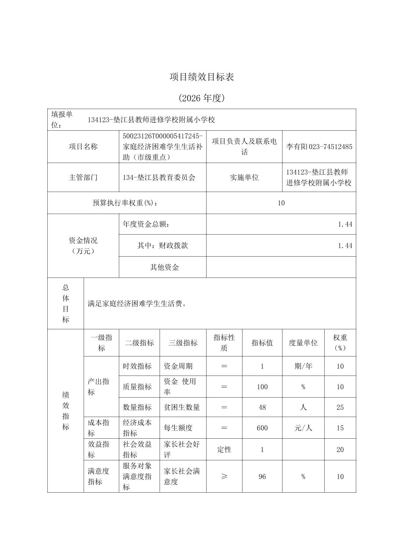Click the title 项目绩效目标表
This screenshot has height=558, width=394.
[x=201, y=77]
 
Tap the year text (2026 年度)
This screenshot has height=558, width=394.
[x=201, y=98]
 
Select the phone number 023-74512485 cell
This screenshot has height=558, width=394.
[x=319, y=146]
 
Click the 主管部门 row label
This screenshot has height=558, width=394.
[x=83, y=177]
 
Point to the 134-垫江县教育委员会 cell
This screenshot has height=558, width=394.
[x=159, y=177]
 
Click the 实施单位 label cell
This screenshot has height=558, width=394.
[x=244, y=177]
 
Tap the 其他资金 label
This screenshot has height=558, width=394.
[x=164, y=267]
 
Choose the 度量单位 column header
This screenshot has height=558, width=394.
[x=303, y=343]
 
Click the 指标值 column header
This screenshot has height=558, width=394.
[x=262, y=343]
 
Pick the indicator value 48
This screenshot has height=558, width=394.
[x=262, y=407]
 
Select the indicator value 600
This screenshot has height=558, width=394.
[x=262, y=428]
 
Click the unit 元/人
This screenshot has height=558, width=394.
[x=303, y=428]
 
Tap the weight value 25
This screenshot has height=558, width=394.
[x=340, y=407]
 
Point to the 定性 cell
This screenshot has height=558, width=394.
[x=224, y=449]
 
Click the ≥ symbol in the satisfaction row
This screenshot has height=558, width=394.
[x=224, y=477]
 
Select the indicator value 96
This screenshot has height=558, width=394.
[x=262, y=477]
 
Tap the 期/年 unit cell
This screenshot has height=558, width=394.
[x=303, y=366]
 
